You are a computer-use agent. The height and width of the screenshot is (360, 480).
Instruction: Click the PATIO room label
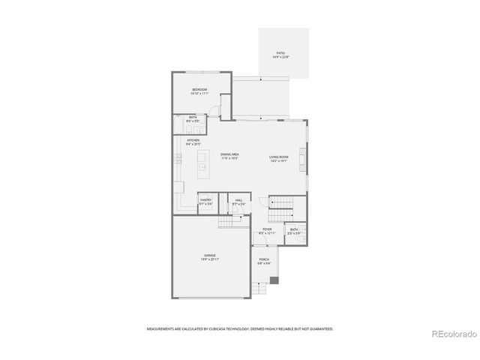pyautogui.click(x=280, y=53)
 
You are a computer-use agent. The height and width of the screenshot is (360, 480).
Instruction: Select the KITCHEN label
pyautogui.click(x=193, y=141)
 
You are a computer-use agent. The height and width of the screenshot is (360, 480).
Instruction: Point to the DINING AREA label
pyautogui.click(x=229, y=155)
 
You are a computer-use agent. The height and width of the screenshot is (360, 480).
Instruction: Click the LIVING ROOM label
pyautogui.click(x=279, y=155)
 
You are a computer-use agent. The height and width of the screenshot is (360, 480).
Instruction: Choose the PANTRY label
pyautogui.click(x=205, y=199)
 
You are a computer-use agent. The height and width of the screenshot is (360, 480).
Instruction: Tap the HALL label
pyautogui.click(x=238, y=199)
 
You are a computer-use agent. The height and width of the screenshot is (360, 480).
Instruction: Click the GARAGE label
pyautogui.click(x=209, y=255)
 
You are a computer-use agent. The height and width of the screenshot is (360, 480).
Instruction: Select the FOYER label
pyautogui.click(x=267, y=229)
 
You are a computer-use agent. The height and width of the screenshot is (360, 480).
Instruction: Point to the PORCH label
pyautogui.click(x=264, y=259)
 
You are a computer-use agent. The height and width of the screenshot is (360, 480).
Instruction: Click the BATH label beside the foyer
pyautogui.click(x=294, y=229)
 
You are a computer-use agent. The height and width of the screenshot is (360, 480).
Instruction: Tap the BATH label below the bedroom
pyautogui.click(x=193, y=117)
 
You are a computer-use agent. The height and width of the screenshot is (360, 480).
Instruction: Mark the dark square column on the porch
pyautogui.click(x=274, y=280)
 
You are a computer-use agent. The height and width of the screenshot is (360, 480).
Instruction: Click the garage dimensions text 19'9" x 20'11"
pyautogui.click(x=209, y=259)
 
